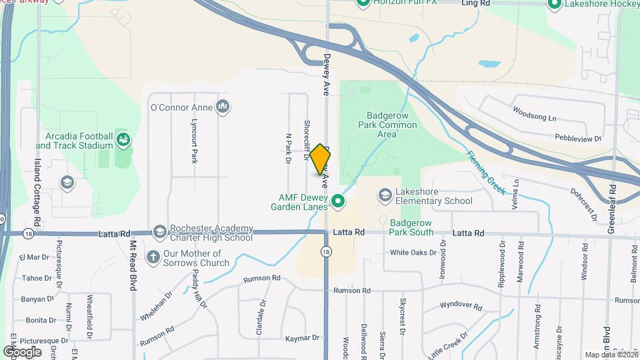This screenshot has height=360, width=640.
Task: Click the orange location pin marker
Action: pyautogui.click(x=320, y=159)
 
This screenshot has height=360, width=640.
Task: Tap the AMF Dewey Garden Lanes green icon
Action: pyautogui.click(x=338, y=201)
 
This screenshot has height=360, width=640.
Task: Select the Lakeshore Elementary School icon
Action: pyautogui.click(x=385, y=195)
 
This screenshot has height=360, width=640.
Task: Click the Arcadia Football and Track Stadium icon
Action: pyautogui.click(x=123, y=140)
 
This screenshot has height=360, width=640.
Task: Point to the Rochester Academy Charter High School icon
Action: pyautogui.click(x=159, y=232)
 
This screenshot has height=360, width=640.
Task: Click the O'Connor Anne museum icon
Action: pyautogui.click(x=223, y=107)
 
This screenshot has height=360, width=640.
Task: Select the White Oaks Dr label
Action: pyautogui.click(x=413, y=253)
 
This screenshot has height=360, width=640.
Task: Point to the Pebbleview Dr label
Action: pyautogui.click(x=578, y=139)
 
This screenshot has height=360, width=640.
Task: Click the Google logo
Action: pyautogui.click(x=22, y=351)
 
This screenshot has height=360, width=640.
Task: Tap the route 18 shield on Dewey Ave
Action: pyautogui.click(x=325, y=251)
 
